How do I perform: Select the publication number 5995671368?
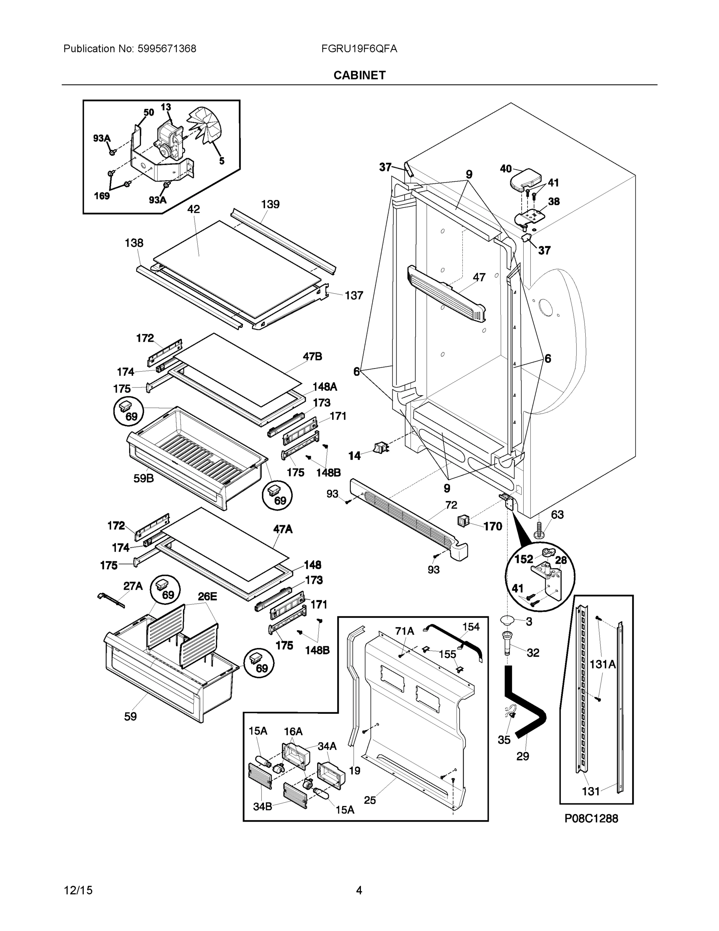coord(167,49)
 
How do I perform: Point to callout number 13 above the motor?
coord(166,107)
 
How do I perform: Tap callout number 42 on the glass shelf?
coord(193,209)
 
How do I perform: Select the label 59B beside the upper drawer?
coord(143,478)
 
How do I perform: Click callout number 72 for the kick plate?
coord(451,505)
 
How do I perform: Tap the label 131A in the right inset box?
coord(602,664)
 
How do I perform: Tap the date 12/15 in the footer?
coord(78,891)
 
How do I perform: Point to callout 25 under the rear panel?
coord(370,801)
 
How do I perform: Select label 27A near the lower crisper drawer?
coord(133,586)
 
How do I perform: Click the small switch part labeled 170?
coord(463,521)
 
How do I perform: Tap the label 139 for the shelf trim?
coord(270,204)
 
